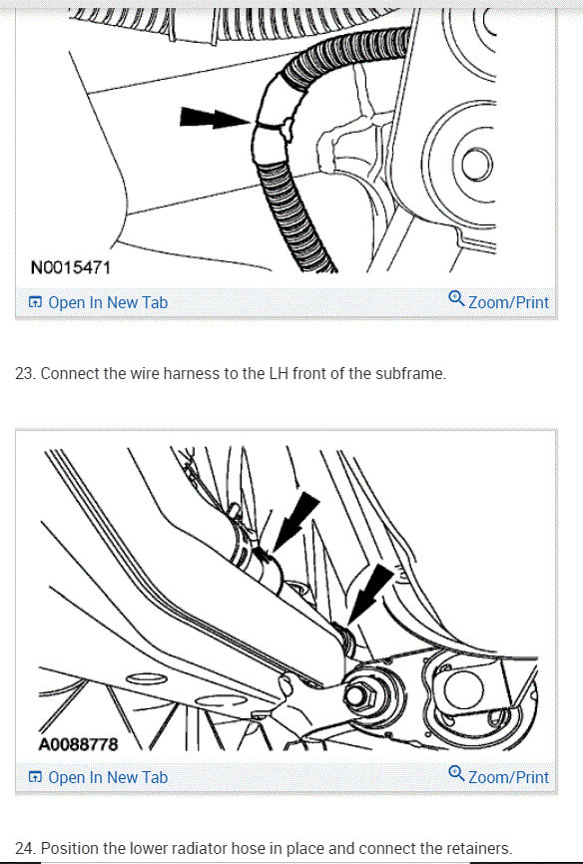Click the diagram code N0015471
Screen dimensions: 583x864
click(x=71, y=267)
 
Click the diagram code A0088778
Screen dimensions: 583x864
click(x=78, y=744)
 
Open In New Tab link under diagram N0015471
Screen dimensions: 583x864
click(x=98, y=302)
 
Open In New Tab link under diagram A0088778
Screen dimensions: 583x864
click(x=98, y=777)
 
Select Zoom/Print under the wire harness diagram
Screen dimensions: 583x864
click(x=498, y=301)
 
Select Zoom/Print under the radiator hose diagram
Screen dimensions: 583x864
click(x=498, y=776)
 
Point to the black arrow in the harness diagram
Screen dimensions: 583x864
click(x=215, y=118)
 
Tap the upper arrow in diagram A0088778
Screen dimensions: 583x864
click(x=295, y=521)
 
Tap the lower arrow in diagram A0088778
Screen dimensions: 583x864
click(x=370, y=594)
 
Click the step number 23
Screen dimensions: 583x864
click(x=25, y=373)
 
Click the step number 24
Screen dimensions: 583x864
click(x=25, y=848)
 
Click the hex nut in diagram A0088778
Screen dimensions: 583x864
click(x=359, y=696)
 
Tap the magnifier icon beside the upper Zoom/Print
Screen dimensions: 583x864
click(x=456, y=299)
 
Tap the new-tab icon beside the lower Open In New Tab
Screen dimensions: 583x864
click(x=35, y=777)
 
